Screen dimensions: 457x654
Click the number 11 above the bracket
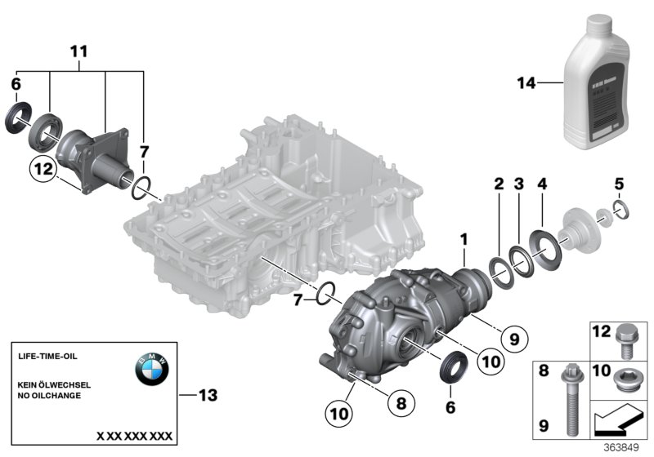[78, 51]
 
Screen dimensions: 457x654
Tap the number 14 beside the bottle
[527, 82]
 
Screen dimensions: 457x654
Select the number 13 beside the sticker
[208, 396]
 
